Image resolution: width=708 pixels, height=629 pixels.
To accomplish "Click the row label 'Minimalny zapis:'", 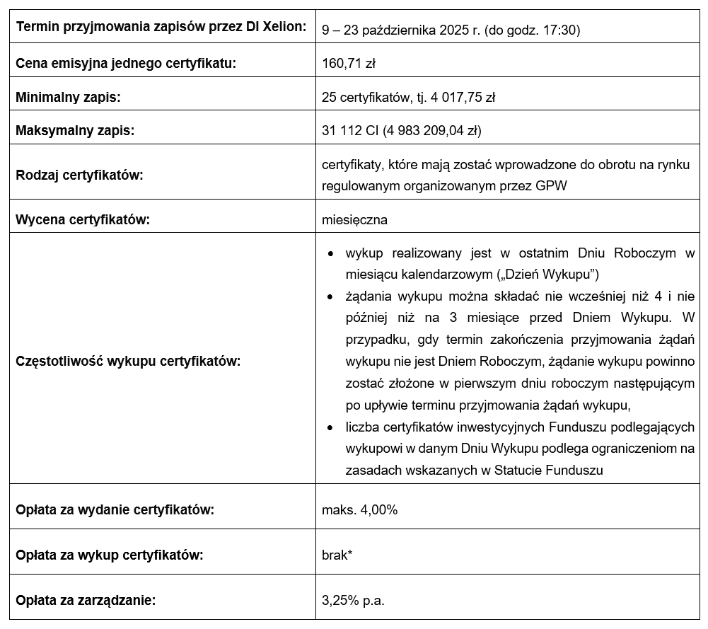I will coord(68,98).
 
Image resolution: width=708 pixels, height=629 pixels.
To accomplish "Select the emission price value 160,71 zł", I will coord(348,64).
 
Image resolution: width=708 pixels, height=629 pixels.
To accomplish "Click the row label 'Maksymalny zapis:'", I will coord(75,130).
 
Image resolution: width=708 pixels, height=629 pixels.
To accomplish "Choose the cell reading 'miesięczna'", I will coord(354,219).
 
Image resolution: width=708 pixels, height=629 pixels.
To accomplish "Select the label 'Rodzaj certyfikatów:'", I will coord(79,174).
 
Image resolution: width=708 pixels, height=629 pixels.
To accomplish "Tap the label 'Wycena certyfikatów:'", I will coord(83,219).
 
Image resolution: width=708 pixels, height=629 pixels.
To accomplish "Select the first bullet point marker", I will coord(330,253).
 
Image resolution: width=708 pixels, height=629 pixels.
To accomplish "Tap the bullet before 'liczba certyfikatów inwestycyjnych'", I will coord(330,428).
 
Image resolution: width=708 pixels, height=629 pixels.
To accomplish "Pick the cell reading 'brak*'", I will coord(337,554).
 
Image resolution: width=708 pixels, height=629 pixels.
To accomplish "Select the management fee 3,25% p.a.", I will coord(353,600).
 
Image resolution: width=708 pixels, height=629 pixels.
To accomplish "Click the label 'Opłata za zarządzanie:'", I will coord(86,600).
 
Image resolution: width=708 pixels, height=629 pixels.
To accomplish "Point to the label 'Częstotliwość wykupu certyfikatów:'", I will coord(128,361).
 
